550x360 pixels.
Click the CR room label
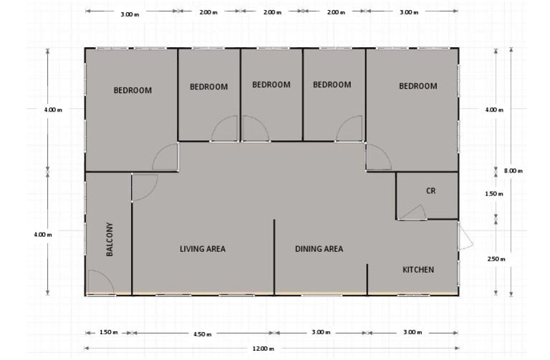[430, 191]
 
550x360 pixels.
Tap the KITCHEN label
[418, 270]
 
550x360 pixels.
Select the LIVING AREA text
[203, 249]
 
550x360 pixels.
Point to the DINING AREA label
[319, 249]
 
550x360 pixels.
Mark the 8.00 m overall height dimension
[513, 170]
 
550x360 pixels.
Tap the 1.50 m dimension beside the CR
[495, 194]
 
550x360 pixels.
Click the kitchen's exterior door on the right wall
[465, 235]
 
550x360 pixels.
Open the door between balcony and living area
[144, 186]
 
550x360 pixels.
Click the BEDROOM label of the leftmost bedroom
[132, 90]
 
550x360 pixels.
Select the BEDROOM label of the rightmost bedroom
[418, 86]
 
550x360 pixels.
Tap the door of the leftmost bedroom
[166, 157]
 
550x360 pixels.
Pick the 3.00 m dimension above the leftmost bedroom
[130, 12]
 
